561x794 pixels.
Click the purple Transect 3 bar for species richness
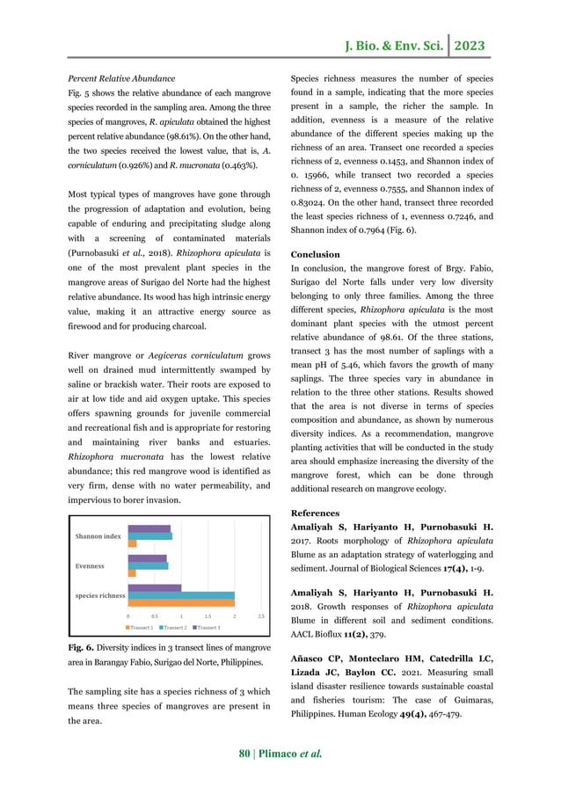pyautogui.click(x=155, y=587)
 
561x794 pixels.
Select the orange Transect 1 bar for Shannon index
pyautogui.click(x=132, y=543)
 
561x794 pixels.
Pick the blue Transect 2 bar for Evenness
pyautogui.click(x=148, y=565)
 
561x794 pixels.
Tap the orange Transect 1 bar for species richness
pyautogui.click(x=181, y=602)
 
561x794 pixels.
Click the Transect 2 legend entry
pyautogui.click(x=175, y=627)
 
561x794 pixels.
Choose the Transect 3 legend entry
pyautogui.click(x=207, y=627)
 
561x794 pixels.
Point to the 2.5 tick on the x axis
pyautogui.click(x=261, y=616)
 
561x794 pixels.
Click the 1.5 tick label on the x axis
pyautogui.click(x=208, y=616)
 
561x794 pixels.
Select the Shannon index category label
pyautogui.click(x=98, y=535)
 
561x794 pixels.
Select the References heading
pyautogui.click(x=315, y=513)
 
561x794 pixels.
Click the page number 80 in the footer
pyautogui.click(x=246, y=754)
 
